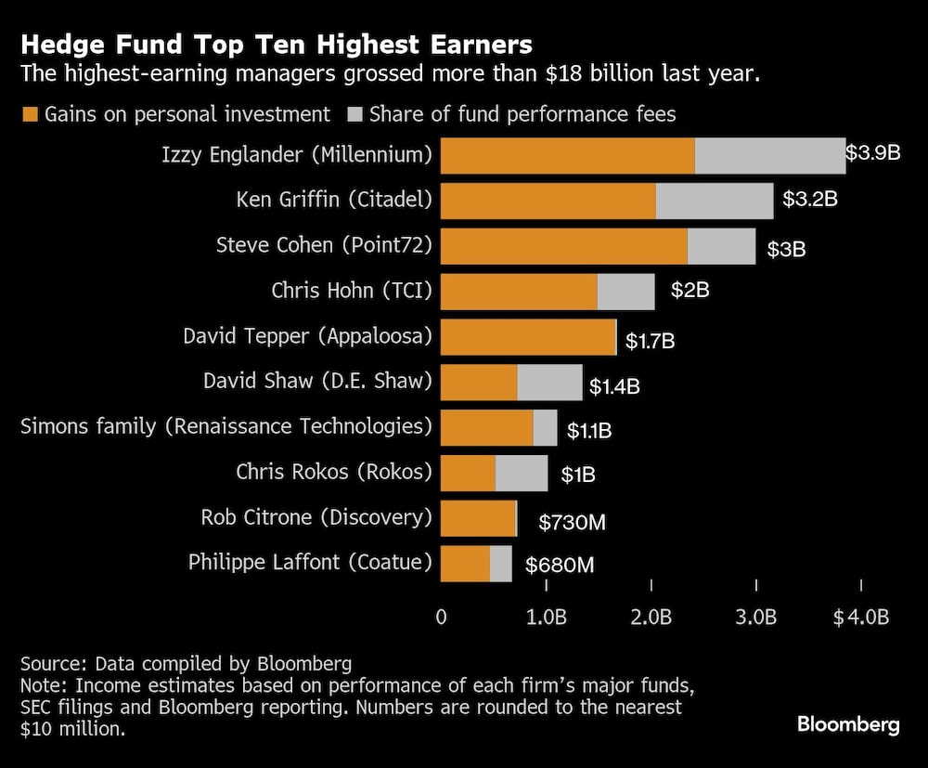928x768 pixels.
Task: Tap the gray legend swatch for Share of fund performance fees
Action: [x=356, y=115]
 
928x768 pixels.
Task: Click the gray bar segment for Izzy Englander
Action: [x=769, y=155]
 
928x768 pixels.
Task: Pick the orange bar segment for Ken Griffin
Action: [x=548, y=201]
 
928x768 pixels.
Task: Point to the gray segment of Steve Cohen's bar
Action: [x=721, y=246]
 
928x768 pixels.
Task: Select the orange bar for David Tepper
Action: [x=527, y=337]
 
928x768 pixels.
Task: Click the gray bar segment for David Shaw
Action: [x=549, y=383]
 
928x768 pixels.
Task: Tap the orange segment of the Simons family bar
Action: [x=486, y=427]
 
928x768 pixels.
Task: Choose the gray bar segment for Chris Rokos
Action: [x=522, y=473]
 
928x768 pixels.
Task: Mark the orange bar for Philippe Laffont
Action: [x=465, y=564]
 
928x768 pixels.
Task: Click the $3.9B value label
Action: [x=872, y=152]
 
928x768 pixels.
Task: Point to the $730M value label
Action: [x=572, y=523]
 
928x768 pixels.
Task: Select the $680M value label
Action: [x=560, y=565]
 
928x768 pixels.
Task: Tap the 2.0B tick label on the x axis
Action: [x=651, y=618]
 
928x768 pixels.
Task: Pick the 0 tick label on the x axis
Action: [x=441, y=618]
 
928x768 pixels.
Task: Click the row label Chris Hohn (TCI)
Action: [x=352, y=291]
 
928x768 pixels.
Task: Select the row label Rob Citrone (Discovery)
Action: [x=316, y=517]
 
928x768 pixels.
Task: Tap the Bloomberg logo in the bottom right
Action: [x=848, y=724]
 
